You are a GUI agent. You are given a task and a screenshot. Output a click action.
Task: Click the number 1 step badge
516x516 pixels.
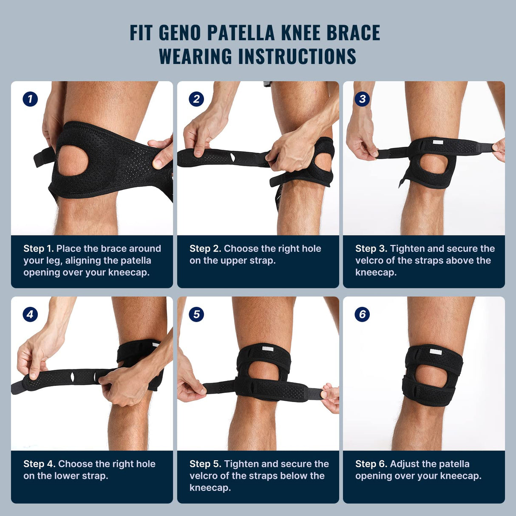pos(30,99)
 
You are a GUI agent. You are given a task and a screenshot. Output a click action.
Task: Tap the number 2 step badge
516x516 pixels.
pos(196,99)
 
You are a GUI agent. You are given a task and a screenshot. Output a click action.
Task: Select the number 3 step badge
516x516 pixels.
pos(362,99)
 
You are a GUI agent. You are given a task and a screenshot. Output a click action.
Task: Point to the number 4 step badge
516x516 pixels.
pos(30,315)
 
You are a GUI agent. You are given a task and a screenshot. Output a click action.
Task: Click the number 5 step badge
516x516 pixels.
pos(196,315)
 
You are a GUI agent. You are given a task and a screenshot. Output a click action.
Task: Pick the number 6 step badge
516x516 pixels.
pos(362,315)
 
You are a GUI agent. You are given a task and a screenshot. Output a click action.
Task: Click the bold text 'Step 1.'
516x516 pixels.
pos(38,249)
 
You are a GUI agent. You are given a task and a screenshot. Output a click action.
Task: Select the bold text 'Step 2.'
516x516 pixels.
pos(205,249)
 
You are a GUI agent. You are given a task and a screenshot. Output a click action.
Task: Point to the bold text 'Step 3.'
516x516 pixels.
pos(371,249)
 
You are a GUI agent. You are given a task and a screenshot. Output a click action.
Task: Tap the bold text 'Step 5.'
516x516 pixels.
pos(205,464)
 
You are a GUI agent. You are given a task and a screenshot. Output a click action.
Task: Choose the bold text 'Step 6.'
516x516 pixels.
pos(371,464)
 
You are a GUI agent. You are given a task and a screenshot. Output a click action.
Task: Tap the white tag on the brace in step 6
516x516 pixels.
pos(436,352)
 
